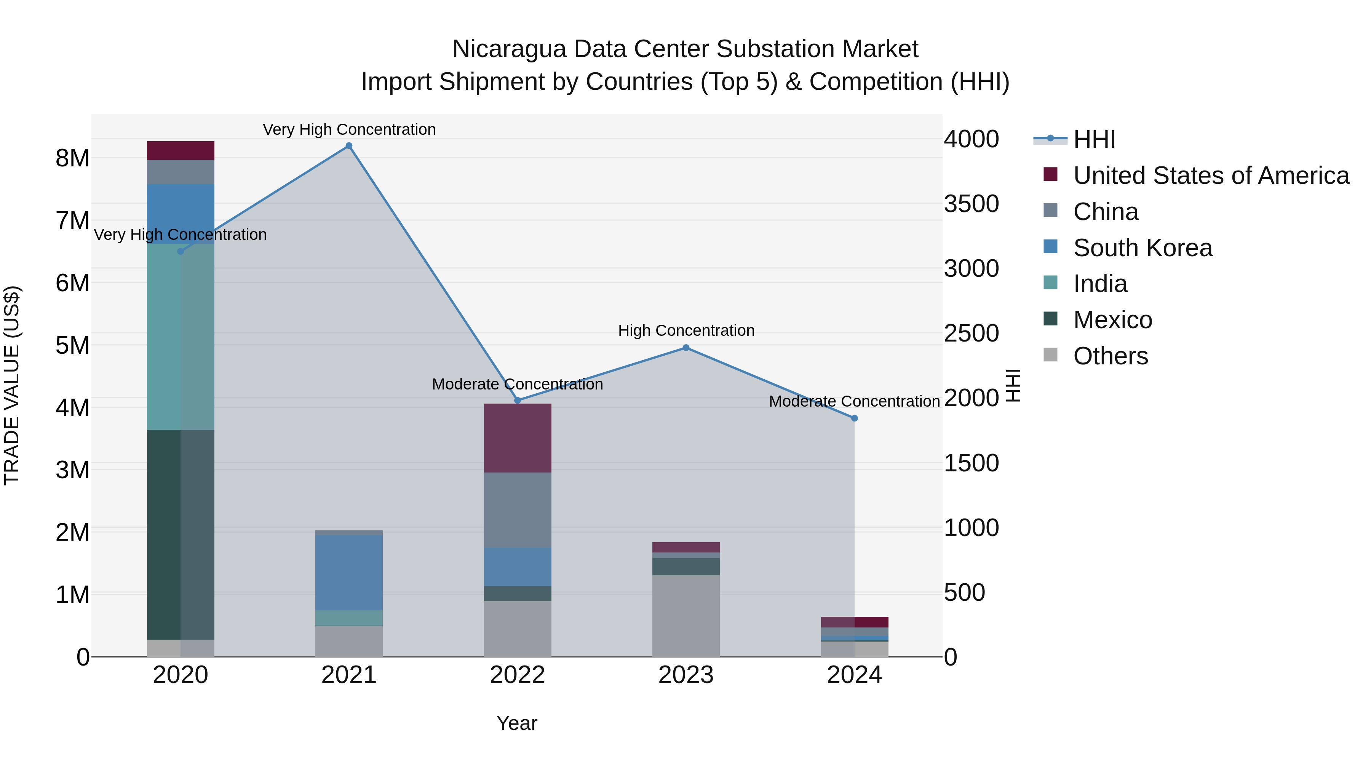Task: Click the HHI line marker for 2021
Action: pyautogui.click(x=348, y=146)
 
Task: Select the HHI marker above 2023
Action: pyautogui.click(x=685, y=348)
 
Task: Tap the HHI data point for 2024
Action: pyautogui.click(x=854, y=418)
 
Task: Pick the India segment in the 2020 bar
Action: pyautogui.click(x=181, y=336)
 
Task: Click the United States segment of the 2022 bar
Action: pyautogui.click(x=517, y=438)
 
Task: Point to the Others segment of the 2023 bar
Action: pyautogui.click(x=685, y=616)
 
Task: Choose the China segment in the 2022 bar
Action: pyautogui.click(x=517, y=510)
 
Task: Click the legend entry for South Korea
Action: pyautogui.click(x=1142, y=248)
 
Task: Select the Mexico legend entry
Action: pyautogui.click(x=1112, y=320)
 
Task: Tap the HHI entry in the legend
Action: pyautogui.click(x=1094, y=139)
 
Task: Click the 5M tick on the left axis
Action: pyautogui.click(x=72, y=345)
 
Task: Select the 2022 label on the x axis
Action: pyautogui.click(x=517, y=675)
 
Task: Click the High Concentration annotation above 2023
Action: pyautogui.click(x=686, y=330)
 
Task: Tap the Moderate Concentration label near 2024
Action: pyautogui.click(x=854, y=401)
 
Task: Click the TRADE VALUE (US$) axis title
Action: pyautogui.click(x=12, y=385)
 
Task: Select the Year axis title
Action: pyautogui.click(x=517, y=723)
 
